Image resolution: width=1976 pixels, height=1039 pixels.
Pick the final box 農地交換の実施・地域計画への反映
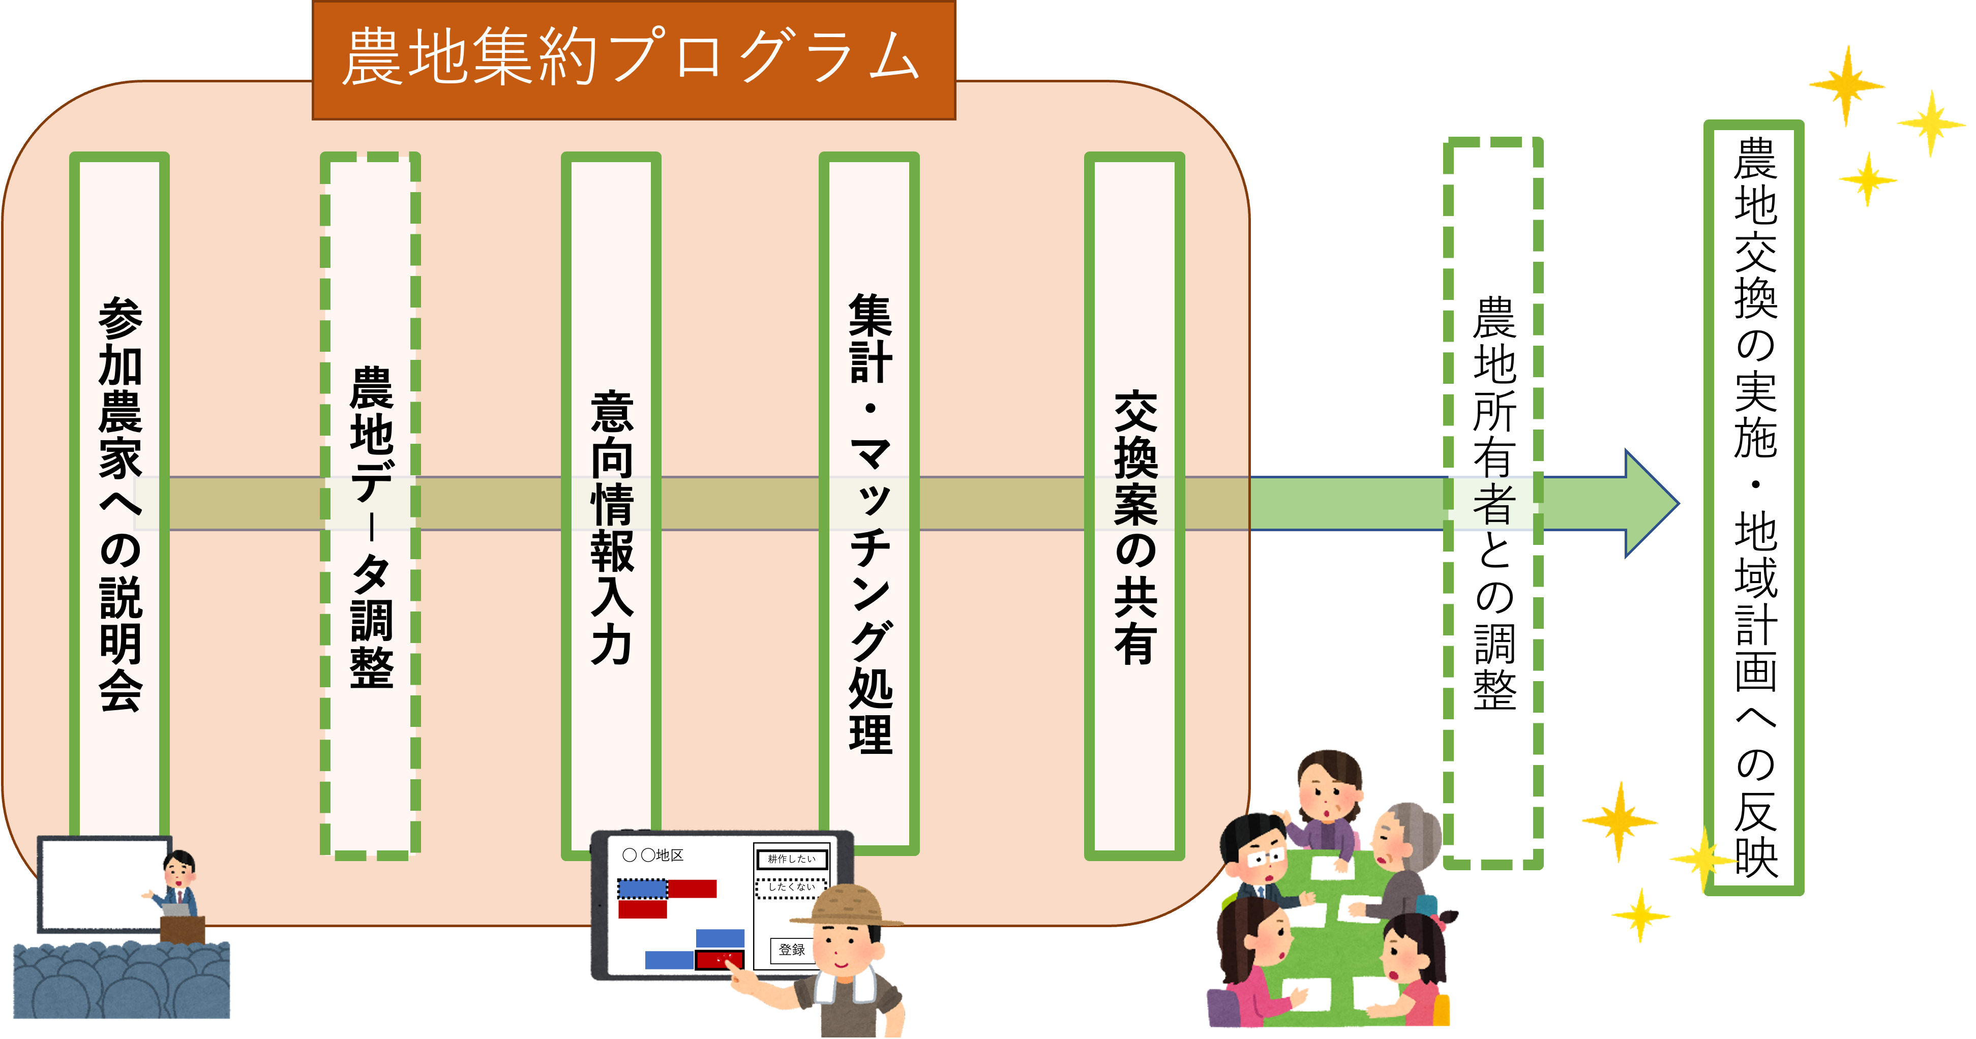pyautogui.click(x=1754, y=506)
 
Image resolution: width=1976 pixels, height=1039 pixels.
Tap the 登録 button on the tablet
pyautogui.click(x=792, y=950)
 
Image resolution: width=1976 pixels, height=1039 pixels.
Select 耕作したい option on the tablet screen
pyautogui.click(x=792, y=860)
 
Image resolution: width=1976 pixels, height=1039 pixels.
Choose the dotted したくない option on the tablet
pyautogui.click(x=792, y=887)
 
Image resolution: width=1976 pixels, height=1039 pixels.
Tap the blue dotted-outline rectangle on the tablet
pyautogui.click(x=643, y=889)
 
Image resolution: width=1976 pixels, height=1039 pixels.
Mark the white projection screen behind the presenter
pyautogui.click(x=100, y=882)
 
